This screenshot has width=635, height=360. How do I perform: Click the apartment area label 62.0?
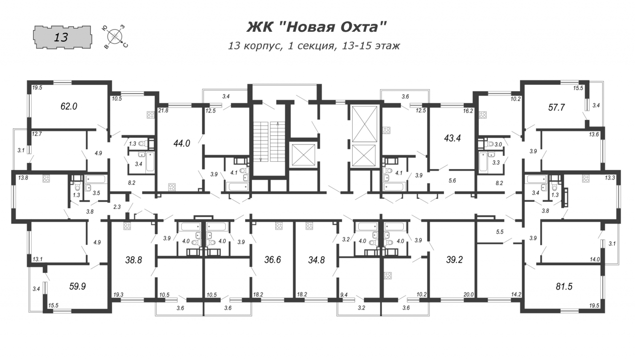tap(69, 106)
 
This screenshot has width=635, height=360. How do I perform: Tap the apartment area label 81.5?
tap(564, 287)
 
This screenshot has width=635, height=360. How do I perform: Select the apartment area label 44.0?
tap(182, 143)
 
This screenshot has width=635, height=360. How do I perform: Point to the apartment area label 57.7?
tap(557, 108)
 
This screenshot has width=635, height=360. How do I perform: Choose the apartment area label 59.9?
tap(77, 286)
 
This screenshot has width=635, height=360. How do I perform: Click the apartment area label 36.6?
tap(272, 260)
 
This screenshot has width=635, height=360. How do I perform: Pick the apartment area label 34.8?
tap(317, 260)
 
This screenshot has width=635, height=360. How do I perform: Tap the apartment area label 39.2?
tap(454, 260)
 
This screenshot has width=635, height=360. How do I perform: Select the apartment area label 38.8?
tap(133, 260)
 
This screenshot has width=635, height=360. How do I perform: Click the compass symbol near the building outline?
tap(115, 37)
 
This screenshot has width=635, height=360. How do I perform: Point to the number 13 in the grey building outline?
tap(61, 37)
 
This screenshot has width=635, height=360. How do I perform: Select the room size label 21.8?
tap(163, 111)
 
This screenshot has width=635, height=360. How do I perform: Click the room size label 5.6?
tap(452, 180)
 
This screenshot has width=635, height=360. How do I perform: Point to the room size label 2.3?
tap(117, 207)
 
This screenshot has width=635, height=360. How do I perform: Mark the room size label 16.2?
tap(468, 111)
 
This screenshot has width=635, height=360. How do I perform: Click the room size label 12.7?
tap(37, 134)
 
